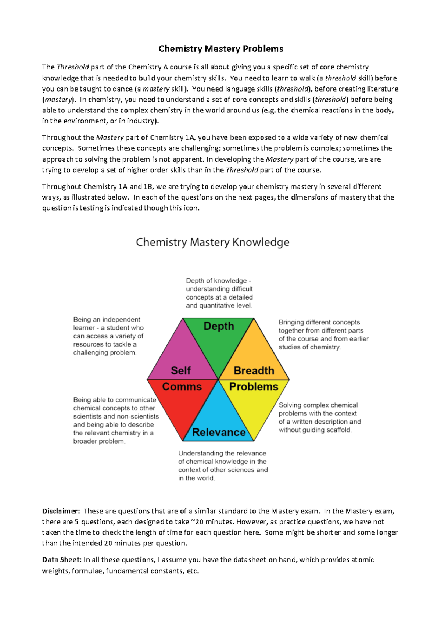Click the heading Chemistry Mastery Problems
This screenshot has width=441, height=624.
220,49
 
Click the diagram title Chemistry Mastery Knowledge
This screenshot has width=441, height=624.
212,242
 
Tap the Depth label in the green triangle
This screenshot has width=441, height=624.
219,326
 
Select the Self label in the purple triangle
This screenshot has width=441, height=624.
181,370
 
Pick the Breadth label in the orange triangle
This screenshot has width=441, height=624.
254,370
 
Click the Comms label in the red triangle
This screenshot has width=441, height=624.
182,387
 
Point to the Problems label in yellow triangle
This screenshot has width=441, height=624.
254,387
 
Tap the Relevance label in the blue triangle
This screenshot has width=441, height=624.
219,432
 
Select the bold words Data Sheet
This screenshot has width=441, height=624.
62,560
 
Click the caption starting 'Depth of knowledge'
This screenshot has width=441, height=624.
219,293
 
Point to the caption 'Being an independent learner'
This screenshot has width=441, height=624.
108,336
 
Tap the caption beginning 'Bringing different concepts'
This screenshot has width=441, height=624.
323,334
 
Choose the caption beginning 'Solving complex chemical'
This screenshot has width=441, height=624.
319,417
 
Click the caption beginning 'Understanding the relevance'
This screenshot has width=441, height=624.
223,466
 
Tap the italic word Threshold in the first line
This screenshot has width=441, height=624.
73,67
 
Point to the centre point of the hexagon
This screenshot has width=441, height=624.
218,379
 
